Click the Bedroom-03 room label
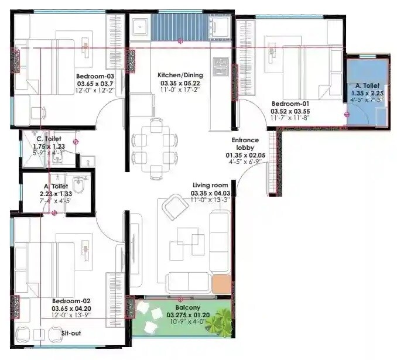(95, 76)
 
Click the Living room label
(210, 185)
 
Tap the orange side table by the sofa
(221, 284)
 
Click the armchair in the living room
(173, 208)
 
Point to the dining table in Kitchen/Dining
(155, 148)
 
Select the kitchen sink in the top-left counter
(140, 28)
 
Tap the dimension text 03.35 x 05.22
(180, 83)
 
